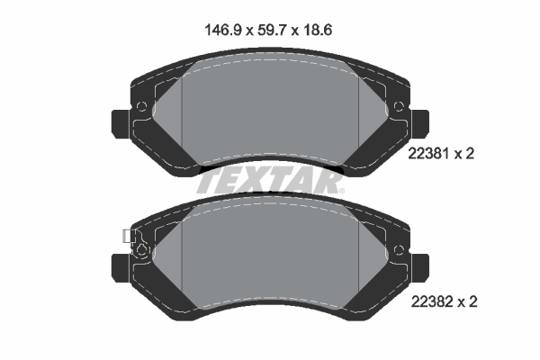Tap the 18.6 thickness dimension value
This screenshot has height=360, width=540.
point(320,30)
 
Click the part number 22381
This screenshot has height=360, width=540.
point(428,154)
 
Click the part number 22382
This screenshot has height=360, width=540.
point(428,302)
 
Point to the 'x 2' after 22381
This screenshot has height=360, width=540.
point(463,154)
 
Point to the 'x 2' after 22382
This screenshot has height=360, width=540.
point(463,302)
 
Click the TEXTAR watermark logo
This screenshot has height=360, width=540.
point(268,181)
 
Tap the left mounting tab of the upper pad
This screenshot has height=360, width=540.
point(120,122)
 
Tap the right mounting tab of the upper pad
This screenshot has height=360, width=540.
point(421,122)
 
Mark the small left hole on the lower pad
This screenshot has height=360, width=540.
point(141,250)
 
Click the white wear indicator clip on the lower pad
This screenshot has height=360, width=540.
point(126,237)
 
